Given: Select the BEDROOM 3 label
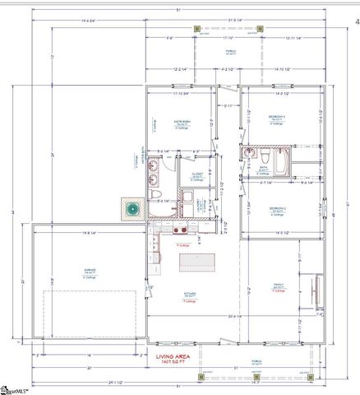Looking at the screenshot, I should coord(277,118).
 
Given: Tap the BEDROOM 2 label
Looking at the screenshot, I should coord(277,209).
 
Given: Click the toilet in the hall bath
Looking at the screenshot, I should coord(267,156).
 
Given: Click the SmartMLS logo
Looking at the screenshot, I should coord(20,388).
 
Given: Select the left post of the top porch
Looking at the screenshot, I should coord(197,30).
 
